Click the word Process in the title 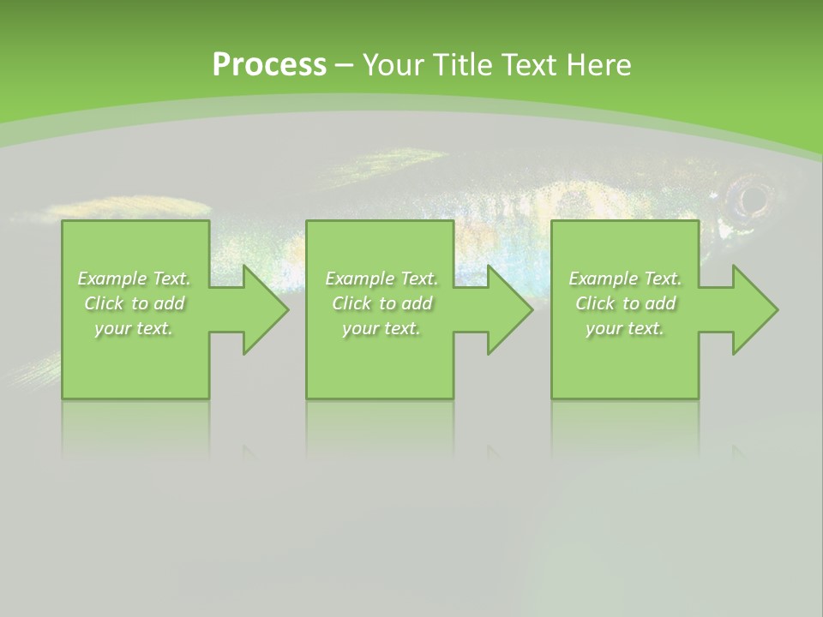269,65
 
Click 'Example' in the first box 111,279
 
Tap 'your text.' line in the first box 134,328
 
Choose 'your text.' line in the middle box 381,328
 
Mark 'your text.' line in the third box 624,328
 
